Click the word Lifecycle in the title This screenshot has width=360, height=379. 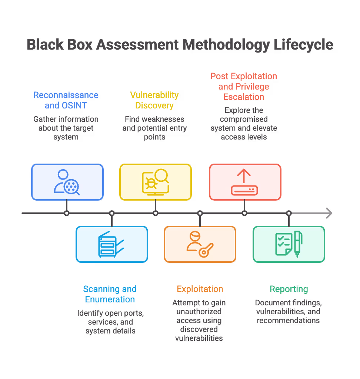point(303,45)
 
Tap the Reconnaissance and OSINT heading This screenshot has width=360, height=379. point(66,100)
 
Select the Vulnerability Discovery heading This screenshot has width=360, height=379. point(154,100)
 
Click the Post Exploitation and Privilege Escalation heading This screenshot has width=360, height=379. point(244,87)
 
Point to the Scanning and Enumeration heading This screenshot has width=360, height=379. point(110,294)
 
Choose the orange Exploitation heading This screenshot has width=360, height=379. point(200,289)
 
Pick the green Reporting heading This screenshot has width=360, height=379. point(289,289)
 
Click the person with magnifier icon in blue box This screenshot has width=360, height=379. point(67,182)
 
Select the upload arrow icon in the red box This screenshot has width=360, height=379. point(244,182)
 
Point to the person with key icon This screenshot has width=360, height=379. point(200,244)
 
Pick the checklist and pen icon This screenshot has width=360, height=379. point(289,244)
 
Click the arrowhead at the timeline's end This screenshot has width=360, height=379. point(329,213)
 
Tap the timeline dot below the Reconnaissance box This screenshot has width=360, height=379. point(67,213)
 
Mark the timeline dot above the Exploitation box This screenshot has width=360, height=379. point(200,213)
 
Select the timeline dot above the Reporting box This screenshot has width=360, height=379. point(289,213)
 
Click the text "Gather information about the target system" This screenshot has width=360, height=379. point(66,128)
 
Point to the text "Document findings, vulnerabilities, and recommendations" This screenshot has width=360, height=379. point(289,312)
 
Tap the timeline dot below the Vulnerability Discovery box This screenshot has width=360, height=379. point(156,213)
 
